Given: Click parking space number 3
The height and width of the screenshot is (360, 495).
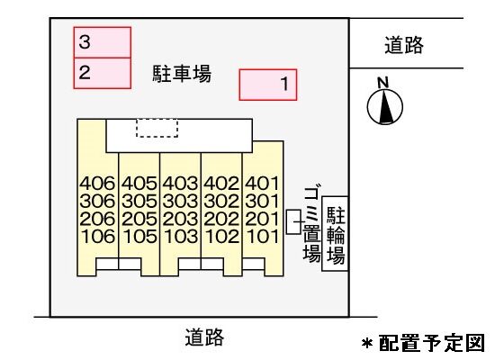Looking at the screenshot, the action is tap(103, 42).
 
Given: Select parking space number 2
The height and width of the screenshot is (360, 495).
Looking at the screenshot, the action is tap(103, 73).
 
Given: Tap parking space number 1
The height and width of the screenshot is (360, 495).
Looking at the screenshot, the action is tap(267, 85).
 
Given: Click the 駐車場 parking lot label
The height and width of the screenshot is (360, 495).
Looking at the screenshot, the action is tap(182, 74).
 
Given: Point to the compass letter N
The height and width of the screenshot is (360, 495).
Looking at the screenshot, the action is tap(382, 83).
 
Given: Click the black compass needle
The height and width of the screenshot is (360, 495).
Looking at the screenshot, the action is tap(386, 107).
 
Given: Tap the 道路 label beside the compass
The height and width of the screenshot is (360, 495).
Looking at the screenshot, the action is tap(404, 45).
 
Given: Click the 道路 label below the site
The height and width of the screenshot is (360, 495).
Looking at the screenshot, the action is tap(204, 337).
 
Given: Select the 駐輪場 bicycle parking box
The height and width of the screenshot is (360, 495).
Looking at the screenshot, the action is tap(335, 234).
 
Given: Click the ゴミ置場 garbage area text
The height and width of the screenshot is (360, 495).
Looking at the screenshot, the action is tap(311, 224).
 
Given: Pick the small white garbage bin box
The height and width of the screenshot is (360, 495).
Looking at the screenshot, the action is tap(293, 222).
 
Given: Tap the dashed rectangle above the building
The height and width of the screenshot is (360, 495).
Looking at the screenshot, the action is tap(157, 128).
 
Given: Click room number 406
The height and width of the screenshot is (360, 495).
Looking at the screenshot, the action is tap(97, 184).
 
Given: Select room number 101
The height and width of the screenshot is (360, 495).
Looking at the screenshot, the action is tap(263, 237).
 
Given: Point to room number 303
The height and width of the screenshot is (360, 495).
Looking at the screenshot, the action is tap(180, 202).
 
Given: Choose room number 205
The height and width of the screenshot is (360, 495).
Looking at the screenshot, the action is tap(139, 219).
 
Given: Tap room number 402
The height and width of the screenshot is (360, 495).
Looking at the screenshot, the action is tap(221, 184).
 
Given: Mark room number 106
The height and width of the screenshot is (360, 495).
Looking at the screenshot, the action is tap(98, 237).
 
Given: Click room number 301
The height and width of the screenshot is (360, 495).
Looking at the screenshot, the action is tap(263, 202).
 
